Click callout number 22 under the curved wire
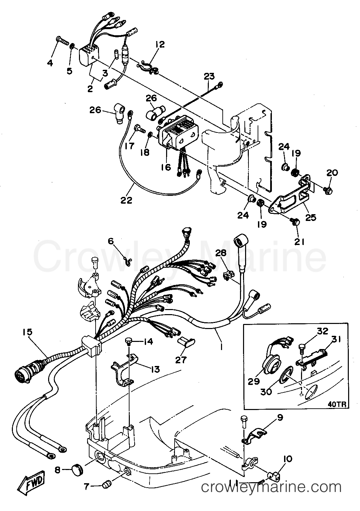point(126,200)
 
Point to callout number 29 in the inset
point(254,382)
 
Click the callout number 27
point(181,360)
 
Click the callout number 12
point(160,44)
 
